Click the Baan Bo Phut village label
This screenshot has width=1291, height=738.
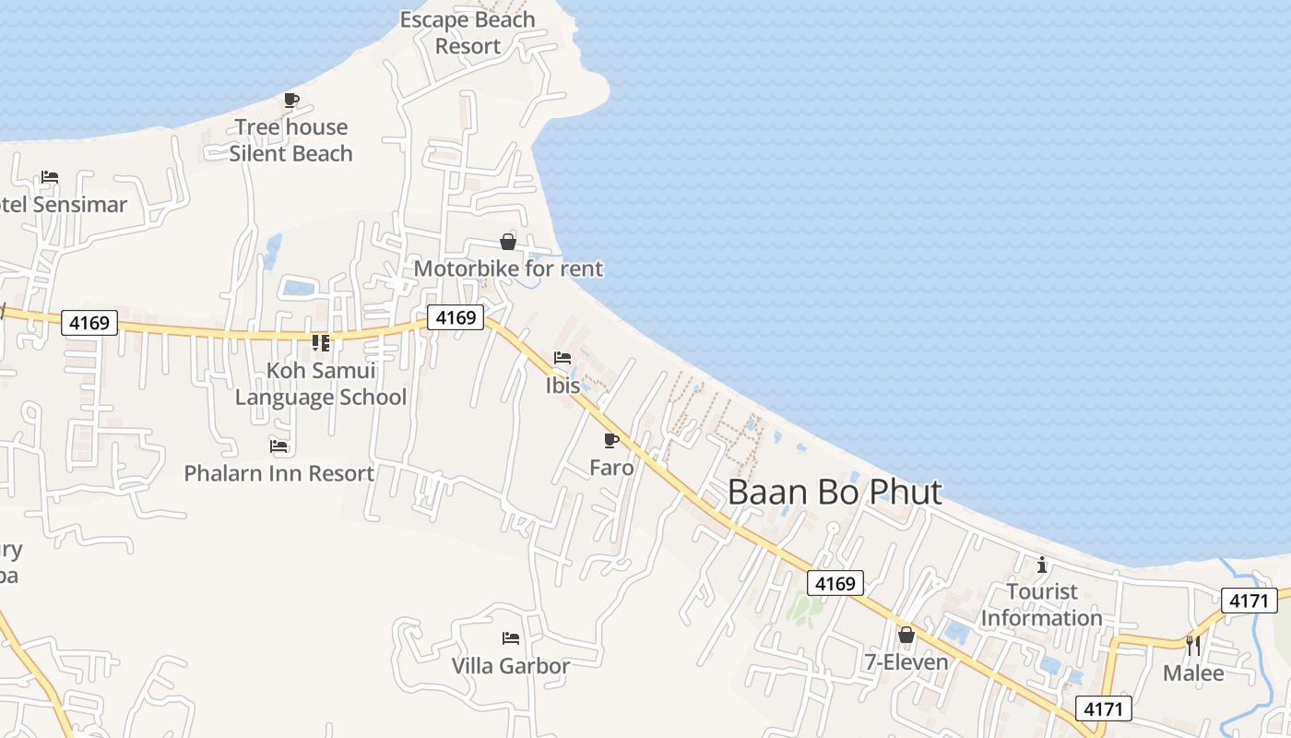click(835, 492)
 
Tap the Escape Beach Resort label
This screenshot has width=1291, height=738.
click(468, 32)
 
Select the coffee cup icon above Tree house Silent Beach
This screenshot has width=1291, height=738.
click(291, 100)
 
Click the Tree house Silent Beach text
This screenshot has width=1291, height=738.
click(291, 140)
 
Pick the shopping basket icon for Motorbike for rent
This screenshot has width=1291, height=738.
click(507, 242)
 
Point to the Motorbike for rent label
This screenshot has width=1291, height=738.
click(508, 268)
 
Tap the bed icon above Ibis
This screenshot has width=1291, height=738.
click(563, 358)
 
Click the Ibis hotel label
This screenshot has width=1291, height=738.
click(563, 385)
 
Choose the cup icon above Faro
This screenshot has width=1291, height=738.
click(610, 440)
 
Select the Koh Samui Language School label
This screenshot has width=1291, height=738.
click(321, 384)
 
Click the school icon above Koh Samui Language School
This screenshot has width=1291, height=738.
click(320, 343)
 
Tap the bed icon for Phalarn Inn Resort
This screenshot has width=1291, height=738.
click(278, 446)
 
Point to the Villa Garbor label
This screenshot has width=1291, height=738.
click(511, 665)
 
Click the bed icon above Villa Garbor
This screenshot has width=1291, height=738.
click(511, 638)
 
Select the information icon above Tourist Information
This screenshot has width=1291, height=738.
click(1042, 565)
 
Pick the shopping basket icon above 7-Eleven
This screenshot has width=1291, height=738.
click(906, 635)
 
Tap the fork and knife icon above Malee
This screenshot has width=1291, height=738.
click(1193, 645)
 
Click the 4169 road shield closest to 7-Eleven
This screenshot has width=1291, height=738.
click(835, 583)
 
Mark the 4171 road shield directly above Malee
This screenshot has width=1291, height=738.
click(1250, 601)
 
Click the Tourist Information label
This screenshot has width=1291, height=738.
click(1042, 604)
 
